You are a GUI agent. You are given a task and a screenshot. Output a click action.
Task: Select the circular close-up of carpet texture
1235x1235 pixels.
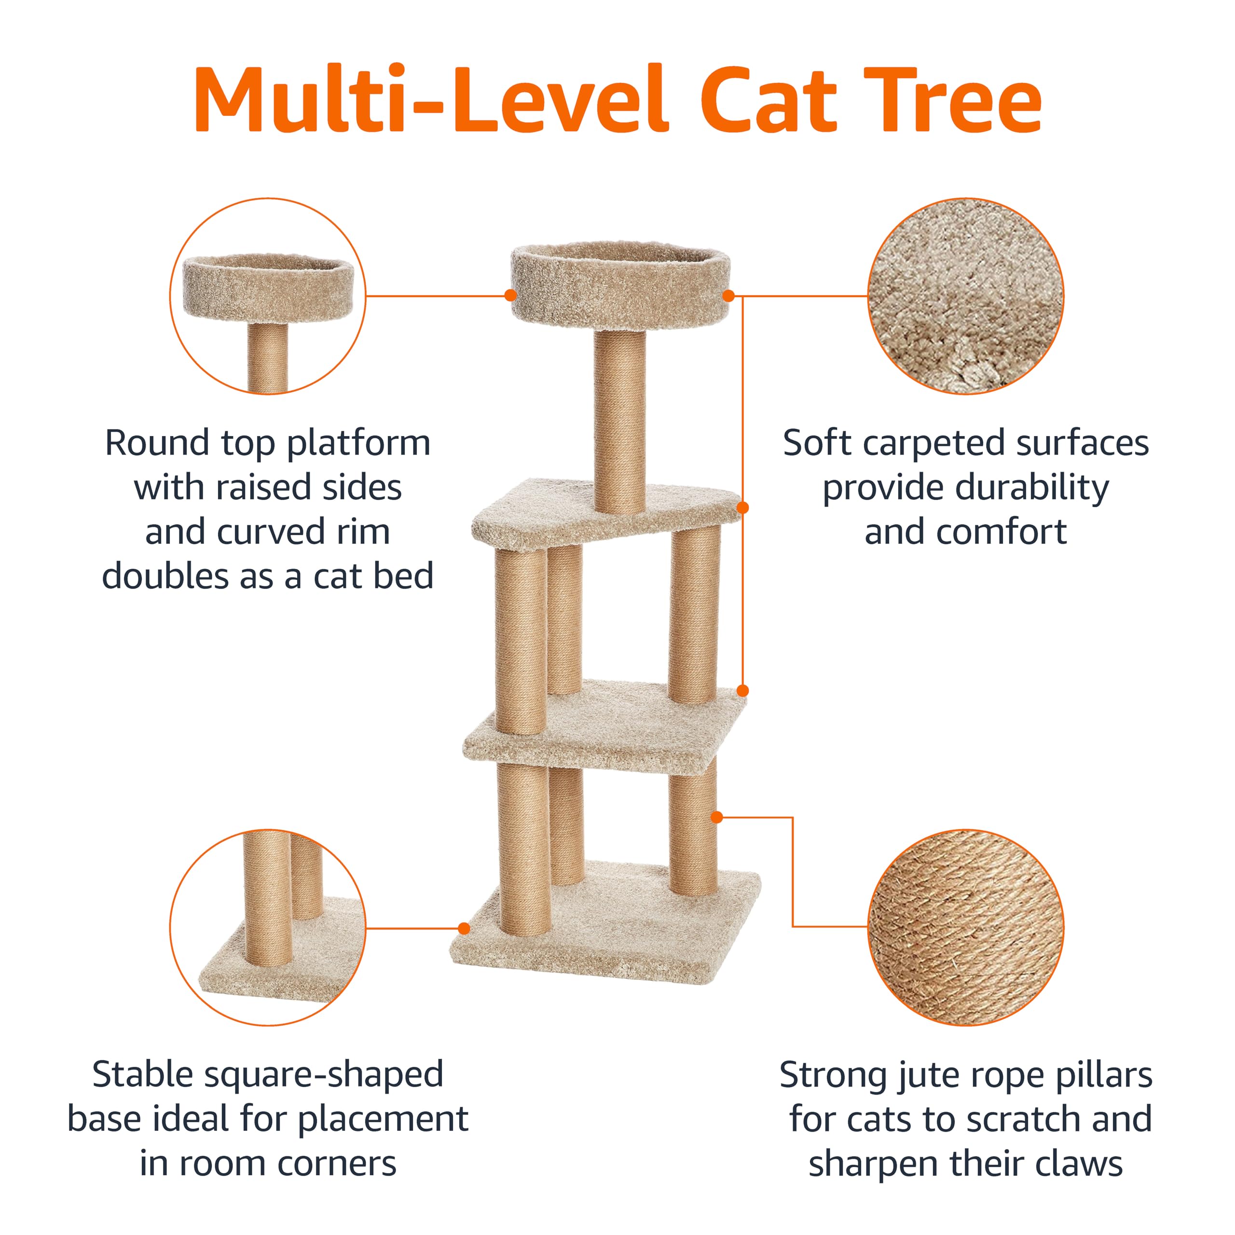pos(965,296)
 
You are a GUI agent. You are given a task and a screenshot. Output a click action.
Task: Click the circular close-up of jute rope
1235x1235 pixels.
pos(965,927)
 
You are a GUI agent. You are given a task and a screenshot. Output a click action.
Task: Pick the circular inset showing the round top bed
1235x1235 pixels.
pos(268,296)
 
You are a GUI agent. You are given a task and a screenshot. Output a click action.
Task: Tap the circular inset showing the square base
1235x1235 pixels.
pos(268,927)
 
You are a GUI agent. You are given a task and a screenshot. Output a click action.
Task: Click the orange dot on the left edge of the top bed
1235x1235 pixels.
pos(510,295)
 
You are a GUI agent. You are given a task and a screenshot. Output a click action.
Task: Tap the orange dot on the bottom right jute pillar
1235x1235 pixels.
pos(716,817)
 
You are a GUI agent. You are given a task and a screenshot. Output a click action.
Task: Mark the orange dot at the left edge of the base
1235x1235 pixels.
pos(465,928)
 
